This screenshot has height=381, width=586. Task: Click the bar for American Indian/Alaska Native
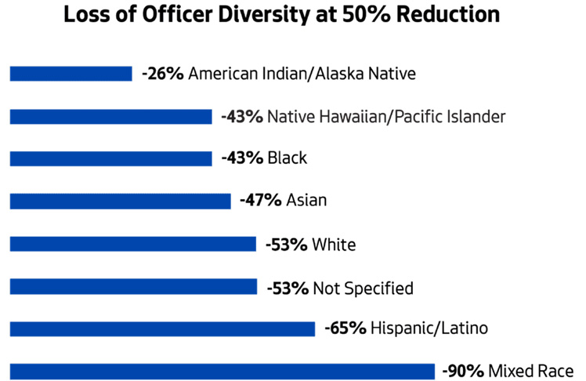(x=71, y=74)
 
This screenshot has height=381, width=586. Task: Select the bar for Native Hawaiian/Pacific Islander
(x=110, y=117)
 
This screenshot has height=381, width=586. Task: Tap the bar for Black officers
(x=110, y=158)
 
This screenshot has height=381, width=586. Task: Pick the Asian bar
(x=120, y=201)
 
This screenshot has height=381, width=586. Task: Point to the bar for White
(x=132, y=245)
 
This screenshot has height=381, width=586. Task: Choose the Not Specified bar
(x=133, y=288)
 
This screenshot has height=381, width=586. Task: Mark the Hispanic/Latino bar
(x=162, y=328)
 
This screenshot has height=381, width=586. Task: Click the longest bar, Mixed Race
(x=222, y=371)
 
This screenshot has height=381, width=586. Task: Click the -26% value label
(x=163, y=74)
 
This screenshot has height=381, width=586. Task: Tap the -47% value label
(x=261, y=201)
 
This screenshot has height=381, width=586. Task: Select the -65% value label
(x=345, y=328)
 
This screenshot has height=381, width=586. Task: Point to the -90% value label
(x=463, y=370)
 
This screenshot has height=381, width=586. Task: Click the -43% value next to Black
(x=242, y=158)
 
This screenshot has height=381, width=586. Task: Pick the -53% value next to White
(x=287, y=245)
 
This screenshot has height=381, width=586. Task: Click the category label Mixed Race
(x=531, y=370)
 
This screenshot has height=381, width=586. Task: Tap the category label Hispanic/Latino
(x=429, y=328)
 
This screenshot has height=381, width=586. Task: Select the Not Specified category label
(x=363, y=288)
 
